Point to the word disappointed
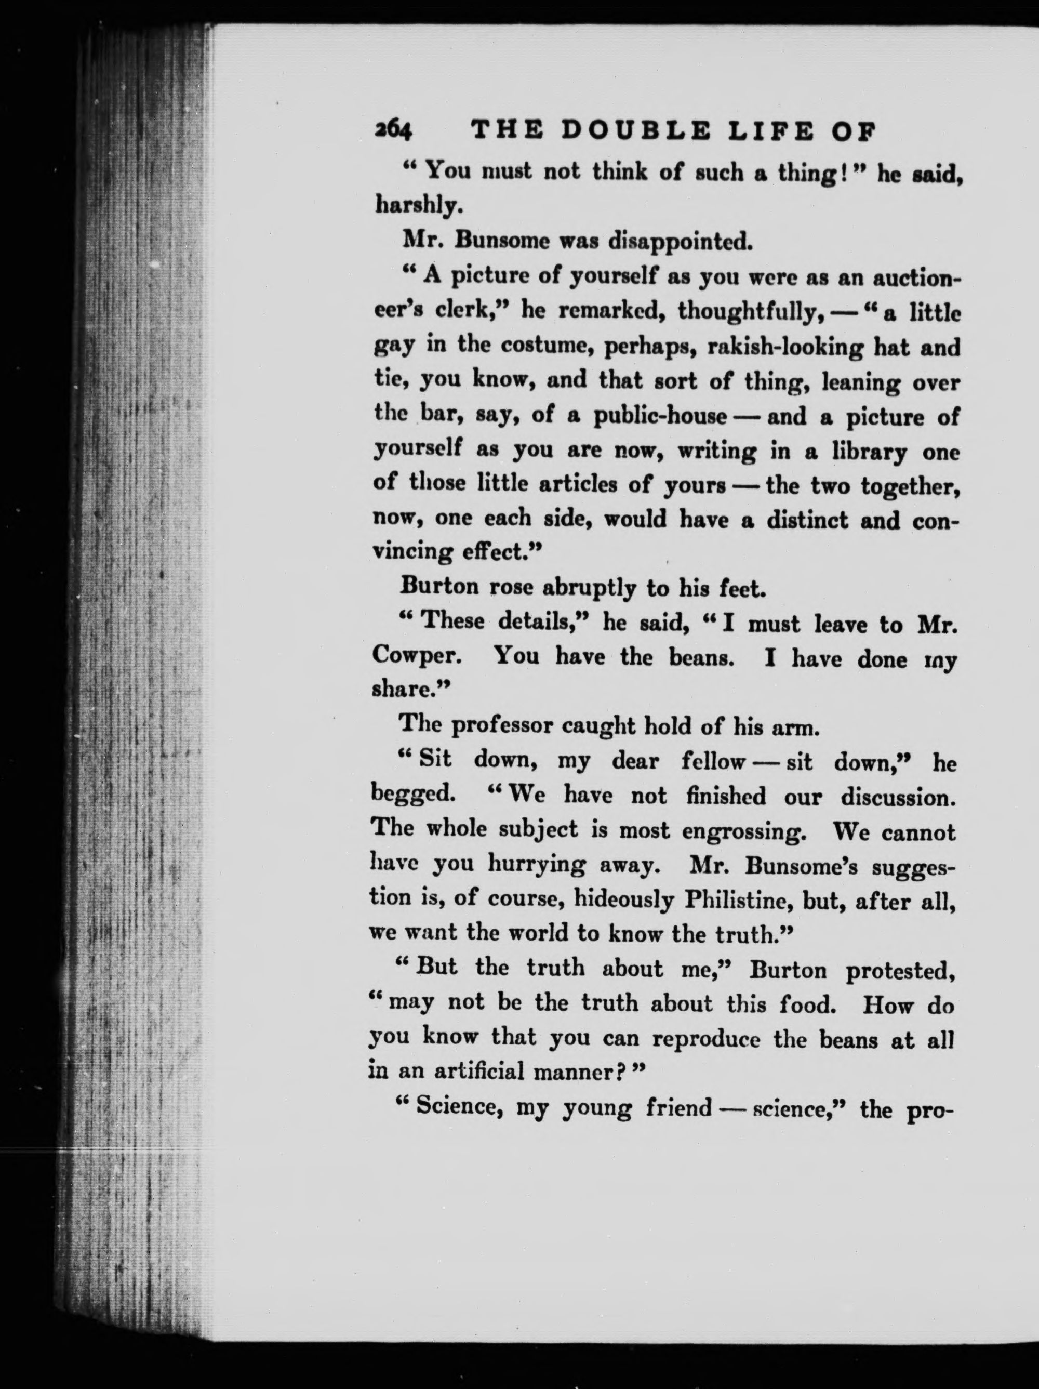[x=681, y=241]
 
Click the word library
[x=869, y=452]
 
